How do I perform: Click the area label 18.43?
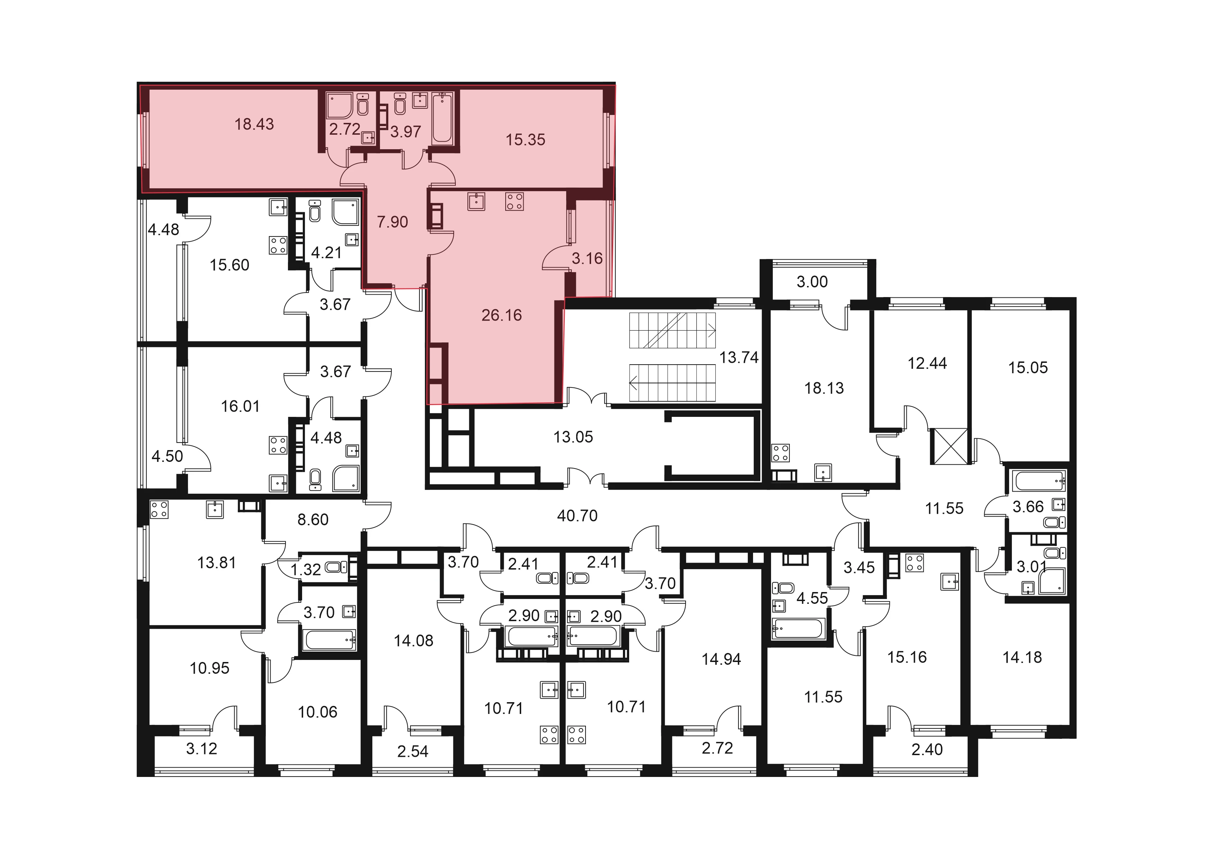click(x=254, y=124)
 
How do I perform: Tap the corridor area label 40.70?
click(x=577, y=516)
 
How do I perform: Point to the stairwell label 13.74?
click(x=739, y=358)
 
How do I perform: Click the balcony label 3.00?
click(x=812, y=282)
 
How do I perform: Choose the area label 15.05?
click(x=1028, y=368)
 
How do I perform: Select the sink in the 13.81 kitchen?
click(x=215, y=509)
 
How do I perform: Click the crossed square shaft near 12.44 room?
click(x=951, y=446)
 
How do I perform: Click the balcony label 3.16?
click(x=587, y=259)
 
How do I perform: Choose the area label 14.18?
click(x=1022, y=657)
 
